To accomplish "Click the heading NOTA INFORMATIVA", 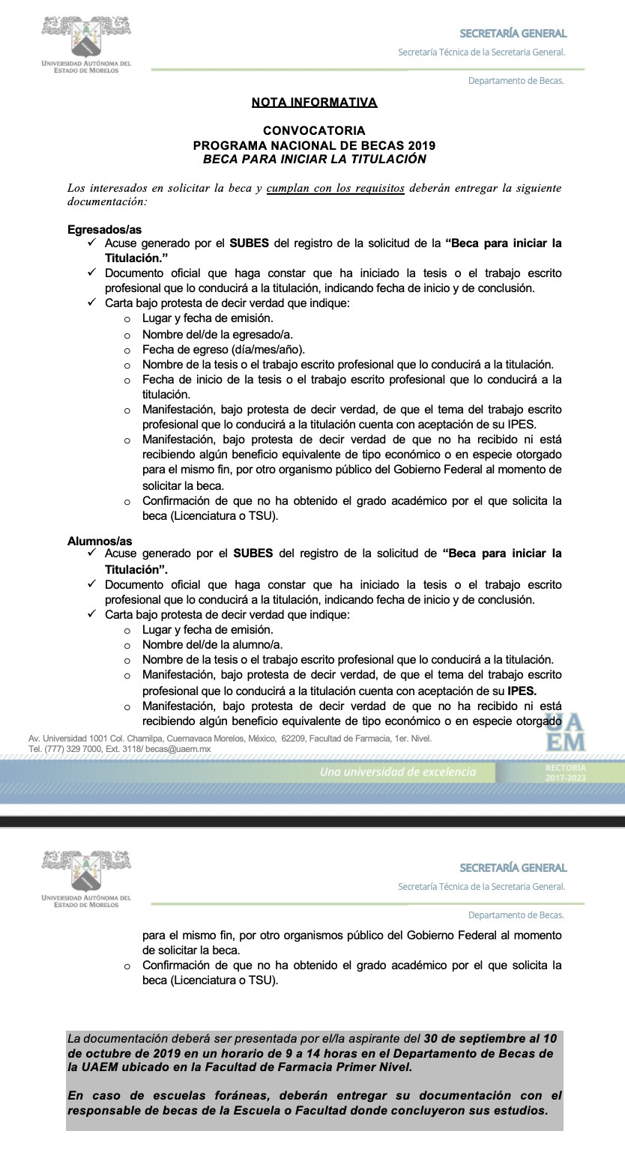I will point(314,102).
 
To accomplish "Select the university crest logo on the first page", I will point(86,37).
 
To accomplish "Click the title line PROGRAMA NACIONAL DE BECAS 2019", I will point(314,145).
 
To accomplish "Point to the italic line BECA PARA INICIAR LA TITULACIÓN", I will point(314,159).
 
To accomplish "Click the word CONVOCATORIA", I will point(314,130).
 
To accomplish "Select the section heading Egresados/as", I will point(104,230).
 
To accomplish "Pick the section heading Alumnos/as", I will point(100,541).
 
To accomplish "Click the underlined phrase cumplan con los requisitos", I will point(335,188).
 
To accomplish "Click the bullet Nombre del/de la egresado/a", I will point(217,334).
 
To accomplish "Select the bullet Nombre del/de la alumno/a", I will point(212,644).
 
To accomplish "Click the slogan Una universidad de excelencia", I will point(397,771).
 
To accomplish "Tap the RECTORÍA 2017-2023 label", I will point(567,773).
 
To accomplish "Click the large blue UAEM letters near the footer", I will point(565,733).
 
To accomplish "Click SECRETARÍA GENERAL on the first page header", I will point(513,33).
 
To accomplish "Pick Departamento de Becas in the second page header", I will point(516,915).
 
